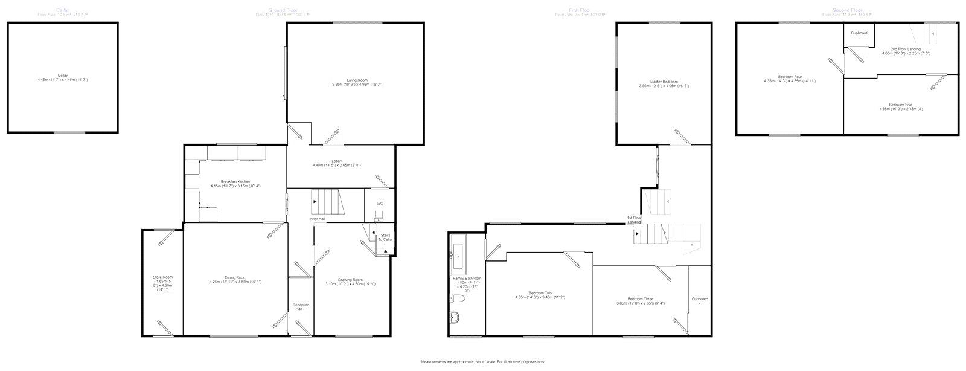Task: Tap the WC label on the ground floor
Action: pos(380,203)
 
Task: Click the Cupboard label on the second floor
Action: pos(859,33)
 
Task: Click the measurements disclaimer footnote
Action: pos(483,362)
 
